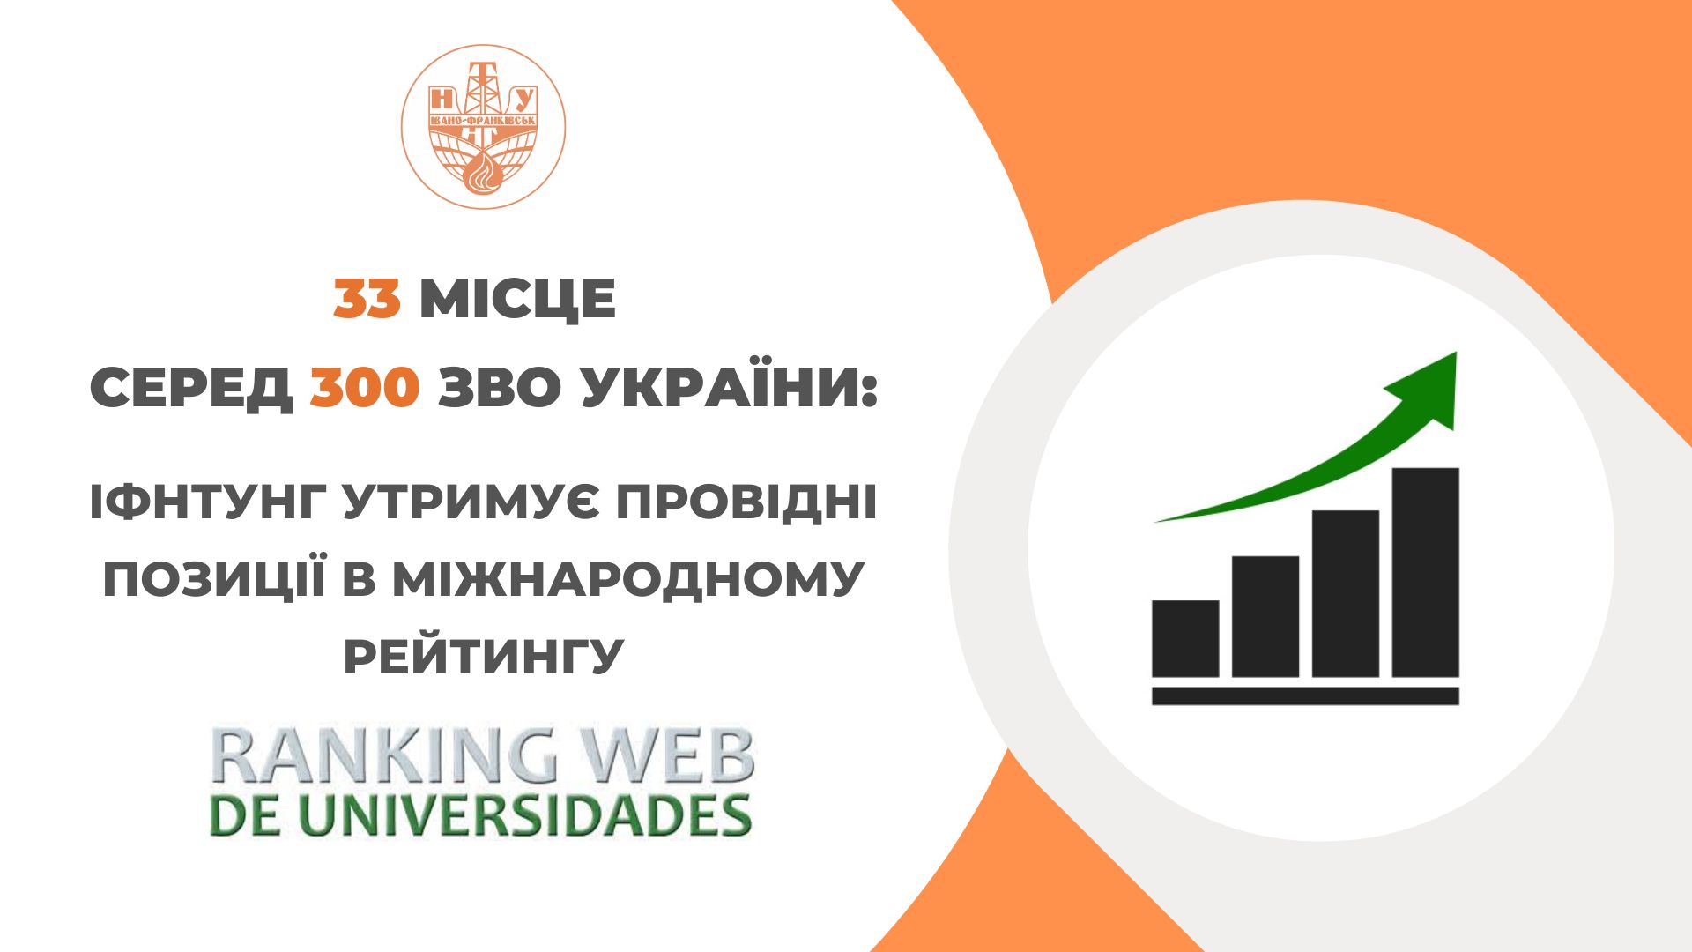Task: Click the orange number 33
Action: (x=367, y=299)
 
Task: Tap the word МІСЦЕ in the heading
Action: (x=517, y=299)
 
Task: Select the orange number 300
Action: (x=364, y=389)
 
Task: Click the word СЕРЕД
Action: (x=191, y=389)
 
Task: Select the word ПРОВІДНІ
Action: (x=746, y=503)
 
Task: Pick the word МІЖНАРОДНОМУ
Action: (x=628, y=579)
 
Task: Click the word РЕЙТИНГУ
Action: (x=484, y=657)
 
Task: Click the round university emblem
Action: (x=483, y=127)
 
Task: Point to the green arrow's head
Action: (x=1429, y=388)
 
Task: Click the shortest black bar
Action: (x=1185, y=638)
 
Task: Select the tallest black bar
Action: (x=1426, y=572)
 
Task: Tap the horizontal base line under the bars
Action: (x=1305, y=696)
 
